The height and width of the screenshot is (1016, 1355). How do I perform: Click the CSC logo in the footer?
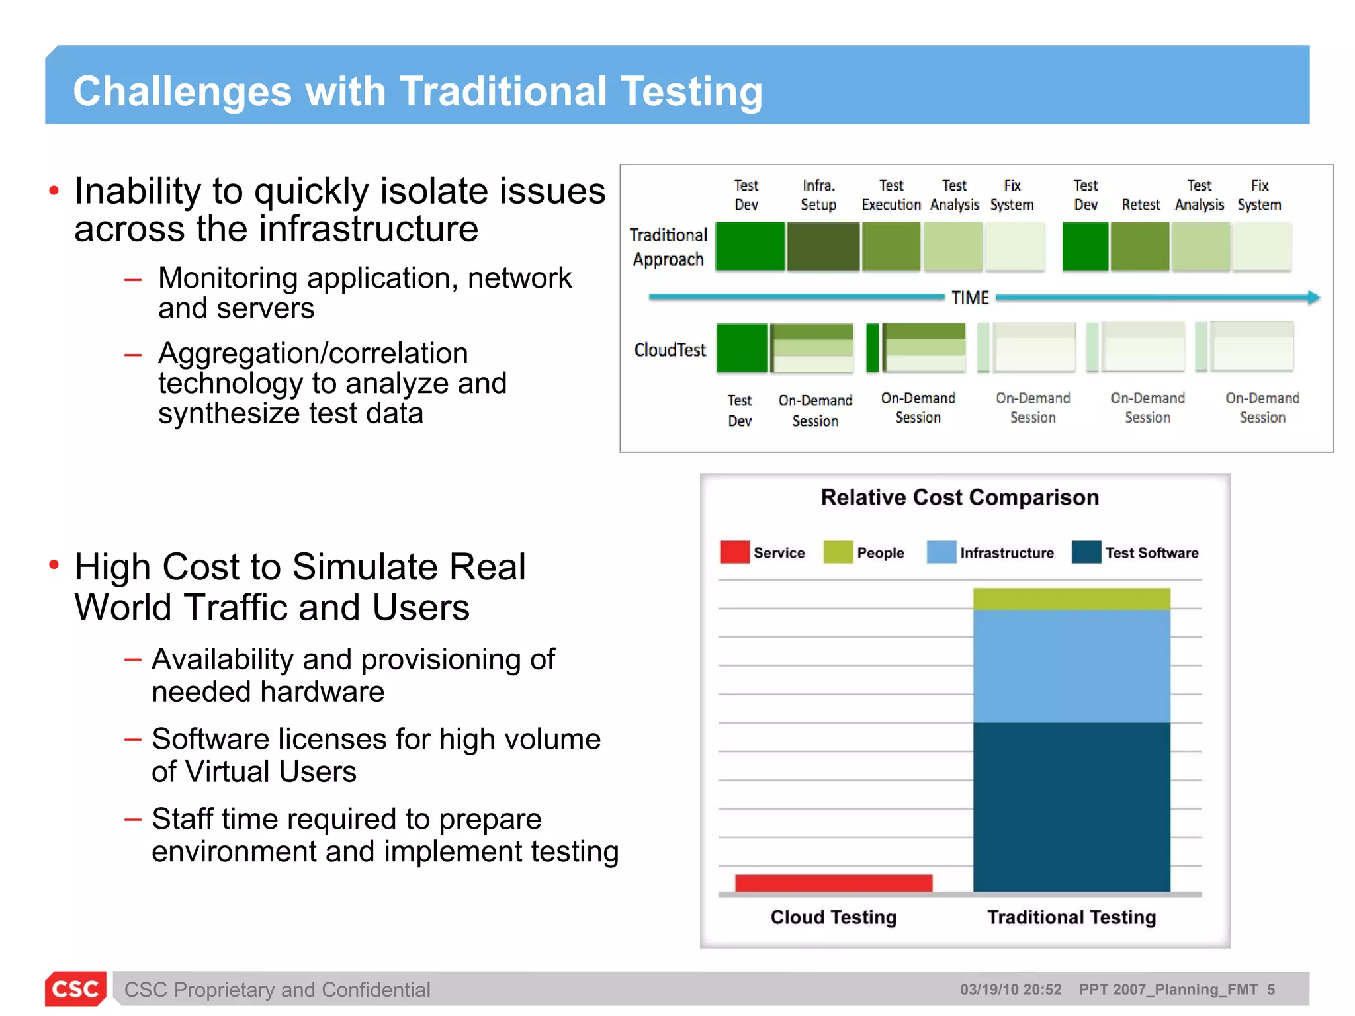pyautogui.click(x=75, y=989)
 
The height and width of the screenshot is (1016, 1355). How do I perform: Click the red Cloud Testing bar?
pyautogui.click(x=833, y=882)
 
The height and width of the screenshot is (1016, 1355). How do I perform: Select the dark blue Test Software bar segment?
pyautogui.click(x=1071, y=806)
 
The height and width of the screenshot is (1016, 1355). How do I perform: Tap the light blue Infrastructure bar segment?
pyautogui.click(x=1071, y=665)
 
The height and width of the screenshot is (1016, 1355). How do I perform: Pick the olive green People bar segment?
pyautogui.click(x=1071, y=599)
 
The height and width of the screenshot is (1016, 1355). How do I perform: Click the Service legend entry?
pyautogui.click(x=763, y=552)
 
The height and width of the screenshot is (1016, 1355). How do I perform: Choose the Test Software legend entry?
pyautogui.click(x=1135, y=552)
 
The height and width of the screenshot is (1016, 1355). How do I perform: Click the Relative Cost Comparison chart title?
pyautogui.click(x=959, y=497)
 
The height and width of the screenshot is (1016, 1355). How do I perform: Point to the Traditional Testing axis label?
pyautogui.click(x=1071, y=917)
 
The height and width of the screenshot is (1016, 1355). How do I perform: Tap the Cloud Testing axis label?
pyautogui.click(x=833, y=917)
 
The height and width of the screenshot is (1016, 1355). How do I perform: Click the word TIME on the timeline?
pyautogui.click(x=970, y=298)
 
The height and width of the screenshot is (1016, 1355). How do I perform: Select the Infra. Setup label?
pyautogui.click(x=818, y=195)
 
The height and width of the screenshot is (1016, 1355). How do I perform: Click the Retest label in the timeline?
pyautogui.click(x=1141, y=205)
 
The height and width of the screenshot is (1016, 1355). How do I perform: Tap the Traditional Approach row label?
pyautogui.click(x=668, y=247)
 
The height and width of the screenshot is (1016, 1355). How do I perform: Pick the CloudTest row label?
pyautogui.click(x=670, y=349)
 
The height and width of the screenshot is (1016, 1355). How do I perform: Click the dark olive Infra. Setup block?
pyautogui.click(x=823, y=246)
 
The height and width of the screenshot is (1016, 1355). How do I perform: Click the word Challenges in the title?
pyautogui.click(x=182, y=91)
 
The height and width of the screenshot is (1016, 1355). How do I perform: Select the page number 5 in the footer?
pyautogui.click(x=1271, y=990)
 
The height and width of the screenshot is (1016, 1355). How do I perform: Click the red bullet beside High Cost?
pyautogui.click(x=54, y=564)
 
